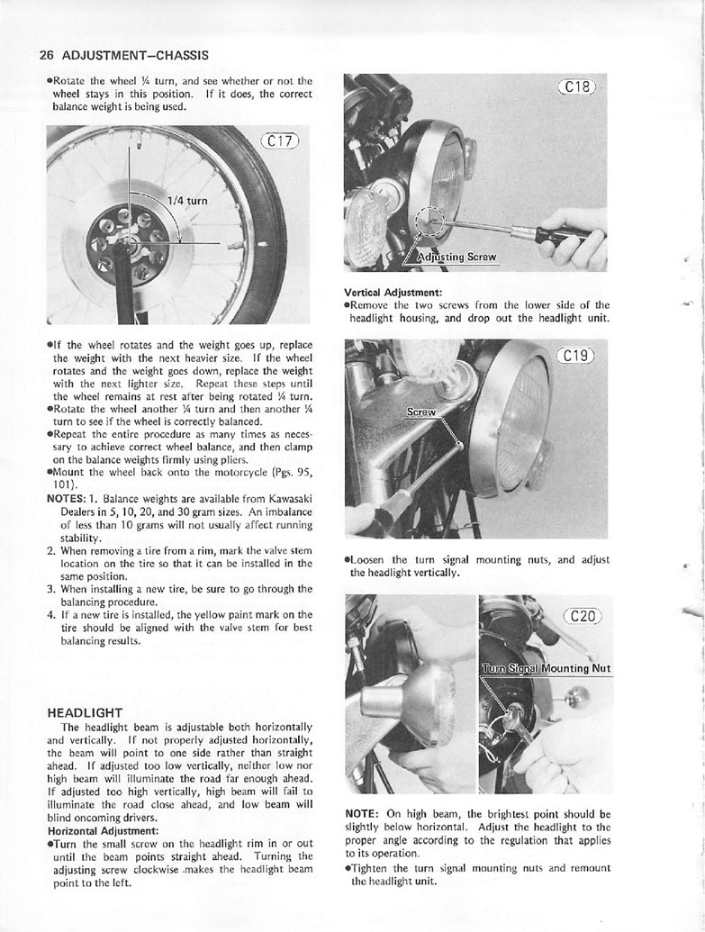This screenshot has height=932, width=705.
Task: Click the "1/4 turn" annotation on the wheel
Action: pyautogui.click(x=187, y=201)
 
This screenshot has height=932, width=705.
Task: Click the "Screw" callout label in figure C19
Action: pyautogui.click(x=420, y=413)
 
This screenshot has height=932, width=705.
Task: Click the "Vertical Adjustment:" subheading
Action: pyautogui.click(x=393, y=292)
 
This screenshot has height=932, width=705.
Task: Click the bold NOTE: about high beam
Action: pyautogui.click(x=365, y=813)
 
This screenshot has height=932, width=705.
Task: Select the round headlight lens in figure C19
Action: pyautogui.click(x=521, y=424)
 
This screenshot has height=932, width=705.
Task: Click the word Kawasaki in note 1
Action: pyautogui.click(x=286, y=498)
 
